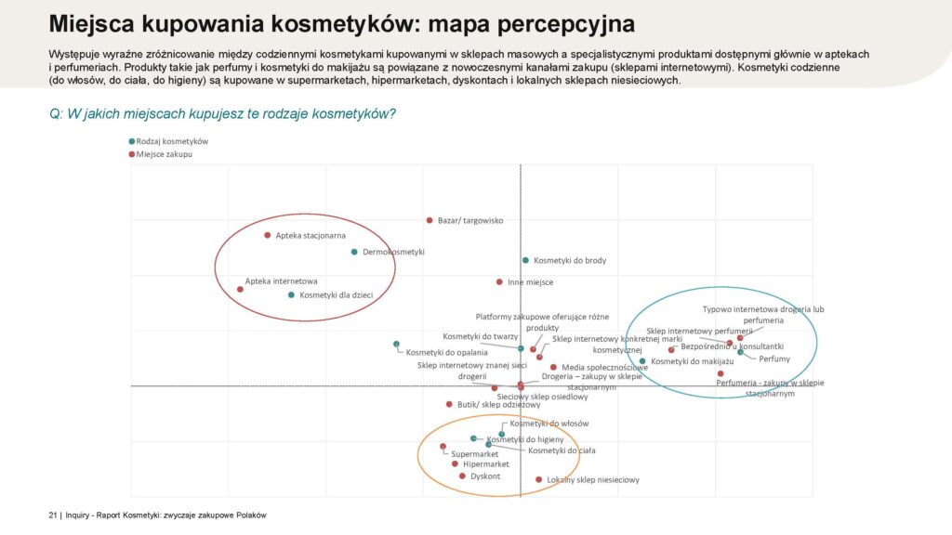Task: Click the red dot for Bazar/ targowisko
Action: click(430, 220)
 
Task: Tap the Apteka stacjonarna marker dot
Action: click(268, 235)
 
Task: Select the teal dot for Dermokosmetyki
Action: click(354, 252)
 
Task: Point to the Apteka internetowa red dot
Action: click(241, 289)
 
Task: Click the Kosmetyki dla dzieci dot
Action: click(291, 295)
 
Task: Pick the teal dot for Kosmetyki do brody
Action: click(525, 260)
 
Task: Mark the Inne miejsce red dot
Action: click(499, 281)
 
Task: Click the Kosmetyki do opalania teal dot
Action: click(397, 345)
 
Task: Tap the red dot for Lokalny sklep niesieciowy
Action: click(538, 480)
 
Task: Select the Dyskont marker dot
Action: click(462, 476)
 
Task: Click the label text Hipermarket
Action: click(486, 464)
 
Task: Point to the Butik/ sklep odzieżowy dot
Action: click(449, 404)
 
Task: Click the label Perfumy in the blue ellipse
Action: click(774, 359)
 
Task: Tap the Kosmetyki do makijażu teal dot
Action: click(642, 361)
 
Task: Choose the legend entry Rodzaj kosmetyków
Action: click(172, 141)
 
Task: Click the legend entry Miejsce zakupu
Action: click(165, 153)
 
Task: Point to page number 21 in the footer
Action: click(53, 515)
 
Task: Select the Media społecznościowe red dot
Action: click(553, 368)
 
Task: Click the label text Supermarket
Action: click(475, 454)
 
